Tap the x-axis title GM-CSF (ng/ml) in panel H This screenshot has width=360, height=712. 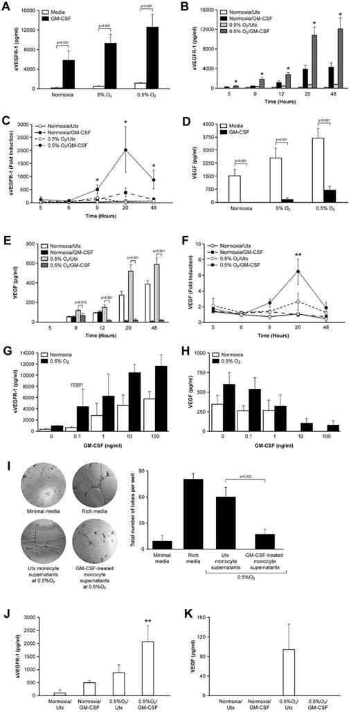274,442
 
